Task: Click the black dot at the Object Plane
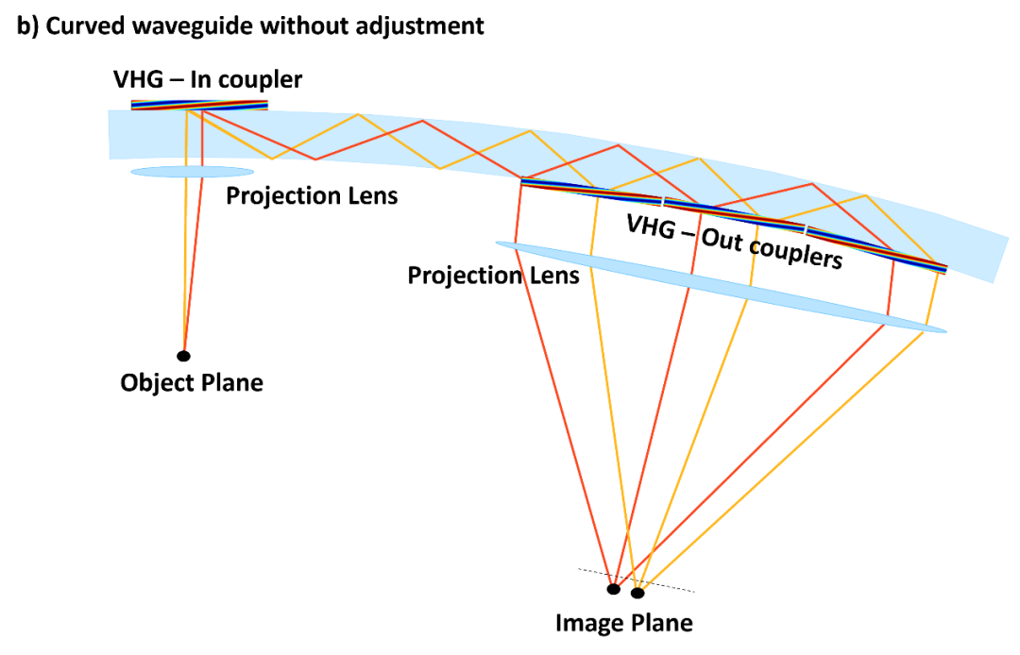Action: coord(183,356)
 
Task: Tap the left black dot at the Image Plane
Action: coord(614,589)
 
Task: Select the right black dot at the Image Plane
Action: coord(637,593)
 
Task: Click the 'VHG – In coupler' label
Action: coord(208,80)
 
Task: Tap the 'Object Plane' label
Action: coord(192,383)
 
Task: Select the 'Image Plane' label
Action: coord(624,623)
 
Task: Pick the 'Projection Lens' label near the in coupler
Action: coord(312,196)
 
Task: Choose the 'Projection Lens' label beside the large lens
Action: coord(493,276)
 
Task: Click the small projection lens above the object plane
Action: coord(192,172)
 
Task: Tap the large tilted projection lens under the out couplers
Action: coord(721,287)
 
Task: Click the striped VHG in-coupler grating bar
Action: coord(199,106)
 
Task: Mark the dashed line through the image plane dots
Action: coord(637,580)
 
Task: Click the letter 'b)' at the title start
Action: coord(27,26)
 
